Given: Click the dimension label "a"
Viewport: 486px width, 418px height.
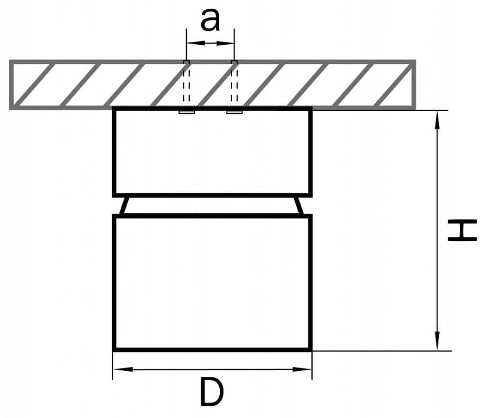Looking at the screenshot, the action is pos(210,20).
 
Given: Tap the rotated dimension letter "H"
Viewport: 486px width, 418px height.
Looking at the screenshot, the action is pos(462,230).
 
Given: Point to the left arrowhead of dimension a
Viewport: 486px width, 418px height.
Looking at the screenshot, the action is pos(196,43).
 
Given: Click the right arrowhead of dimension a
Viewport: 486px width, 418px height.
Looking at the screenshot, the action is pos(225,43).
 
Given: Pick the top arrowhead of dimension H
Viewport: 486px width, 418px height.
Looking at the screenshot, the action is pos(437,120).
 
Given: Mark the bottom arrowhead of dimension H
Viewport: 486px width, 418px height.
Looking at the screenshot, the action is pos(437,341).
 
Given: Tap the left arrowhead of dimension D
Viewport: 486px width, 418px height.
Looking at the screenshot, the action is pos(124,369).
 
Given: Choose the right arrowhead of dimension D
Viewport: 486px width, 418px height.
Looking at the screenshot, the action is pos(302,369).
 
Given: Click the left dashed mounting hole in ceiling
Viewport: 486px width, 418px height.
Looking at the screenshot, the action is pos(186,83).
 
